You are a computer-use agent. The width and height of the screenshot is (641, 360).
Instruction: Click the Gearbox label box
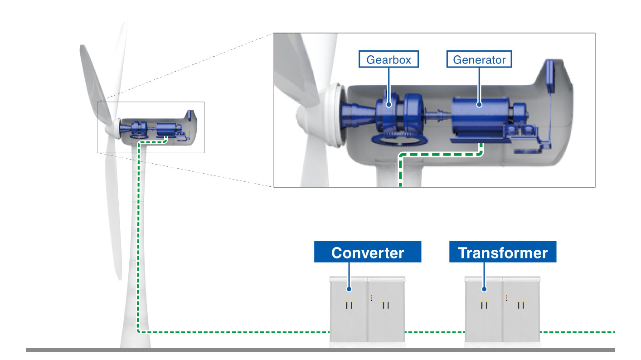[x=388, y=59]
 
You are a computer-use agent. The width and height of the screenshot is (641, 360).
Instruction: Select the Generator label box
[x=479, y=59]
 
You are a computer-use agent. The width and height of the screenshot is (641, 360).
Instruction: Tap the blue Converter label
[x=368, y=252]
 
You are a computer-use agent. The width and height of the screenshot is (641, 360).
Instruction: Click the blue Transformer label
[x=502, y=252]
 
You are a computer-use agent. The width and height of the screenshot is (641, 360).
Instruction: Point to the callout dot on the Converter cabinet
[x=349, y=288]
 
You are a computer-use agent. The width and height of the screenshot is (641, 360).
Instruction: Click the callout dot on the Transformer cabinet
[x=484, y=288]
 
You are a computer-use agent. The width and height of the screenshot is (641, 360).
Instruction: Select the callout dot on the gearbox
[x=389, y=105]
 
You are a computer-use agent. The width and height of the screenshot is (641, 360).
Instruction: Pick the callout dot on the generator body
[x=479, y=105]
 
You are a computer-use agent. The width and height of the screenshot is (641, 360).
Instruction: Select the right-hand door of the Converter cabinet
[x=386, y=313]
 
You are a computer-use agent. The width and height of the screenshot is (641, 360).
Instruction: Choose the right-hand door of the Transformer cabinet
[x=521, y=313]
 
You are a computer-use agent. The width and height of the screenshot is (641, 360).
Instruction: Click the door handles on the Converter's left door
[x=349, y=306]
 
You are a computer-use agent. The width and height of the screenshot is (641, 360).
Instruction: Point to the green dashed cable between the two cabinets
[x=434, y=332]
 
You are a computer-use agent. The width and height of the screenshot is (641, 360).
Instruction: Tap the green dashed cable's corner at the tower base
[x=139, y=331]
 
